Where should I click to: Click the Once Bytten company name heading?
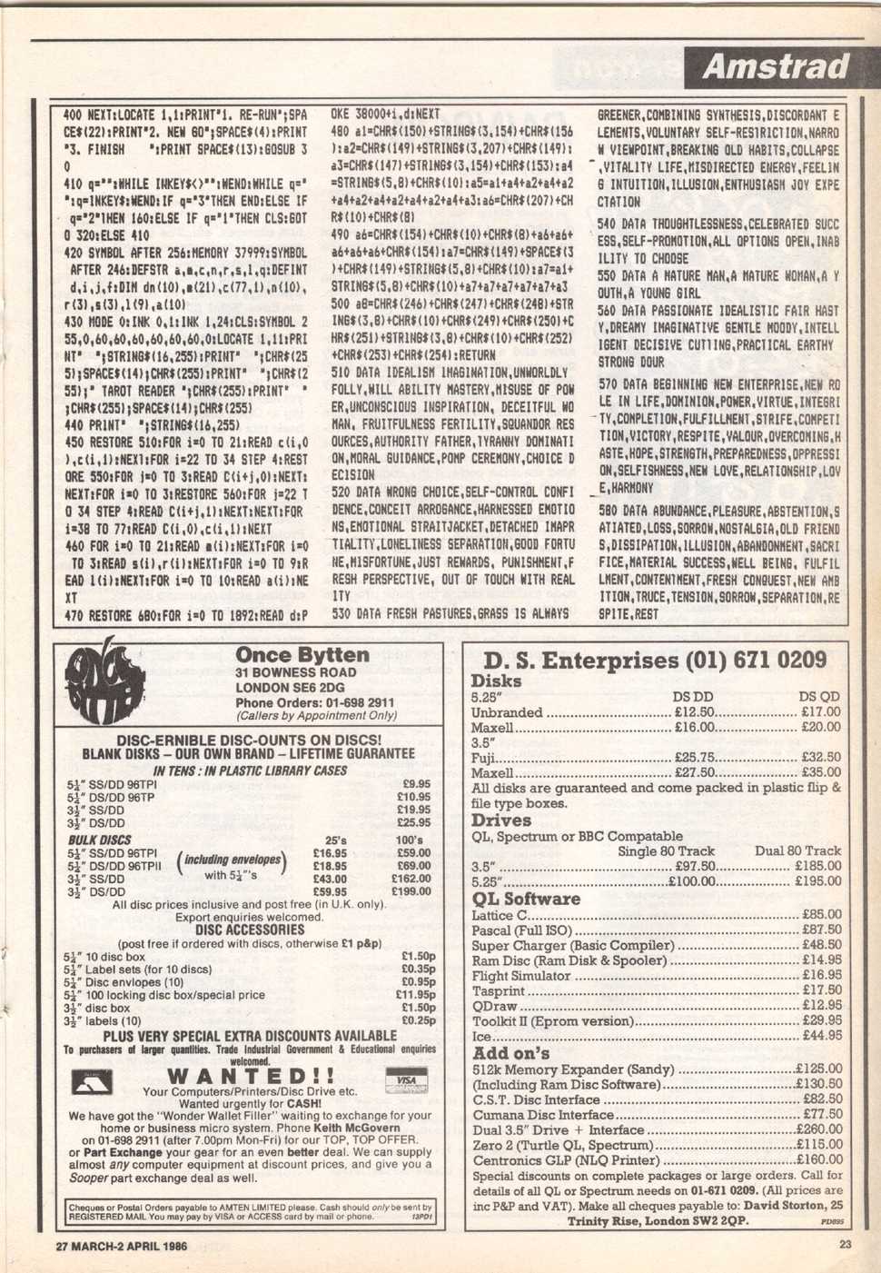click(x=302, y=655)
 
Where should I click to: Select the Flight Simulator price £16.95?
click(x=822, y=975)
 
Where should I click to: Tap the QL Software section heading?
click(x=526, y=899)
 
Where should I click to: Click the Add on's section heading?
click(x=511, y=1053)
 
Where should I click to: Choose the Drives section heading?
click(x=501, y=820)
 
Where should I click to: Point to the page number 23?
click(x=846, y=1246)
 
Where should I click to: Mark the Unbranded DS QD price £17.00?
click(x=821, y=712)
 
